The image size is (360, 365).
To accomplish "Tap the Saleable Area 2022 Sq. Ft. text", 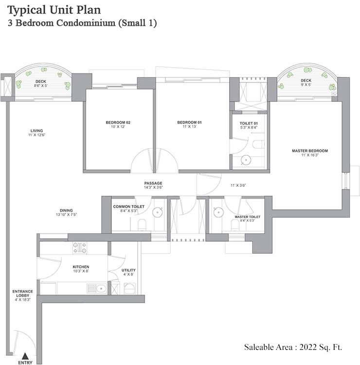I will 293,347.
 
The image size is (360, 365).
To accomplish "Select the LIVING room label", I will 36,130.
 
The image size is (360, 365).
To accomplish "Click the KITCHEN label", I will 80,267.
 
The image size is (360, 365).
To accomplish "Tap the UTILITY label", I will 128,270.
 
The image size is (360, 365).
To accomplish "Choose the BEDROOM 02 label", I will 118,122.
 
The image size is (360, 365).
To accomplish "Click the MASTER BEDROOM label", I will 310,151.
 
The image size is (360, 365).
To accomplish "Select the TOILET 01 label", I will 248,124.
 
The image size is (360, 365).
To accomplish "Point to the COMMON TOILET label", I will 128,207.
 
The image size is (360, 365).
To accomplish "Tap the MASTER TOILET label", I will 247,217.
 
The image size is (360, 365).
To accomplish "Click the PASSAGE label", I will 153,183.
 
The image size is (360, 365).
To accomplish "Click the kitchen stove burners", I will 79,248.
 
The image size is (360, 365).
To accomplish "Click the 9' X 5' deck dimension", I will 306,85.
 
